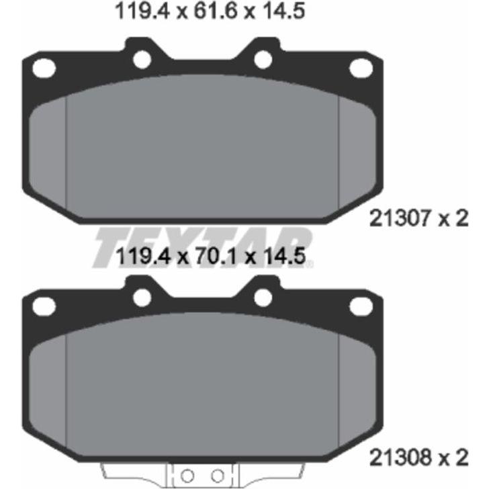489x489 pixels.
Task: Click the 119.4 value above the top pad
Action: point(143,11)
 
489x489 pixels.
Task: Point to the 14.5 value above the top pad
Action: point(283,11)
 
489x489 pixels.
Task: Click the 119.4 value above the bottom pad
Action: point(144,257)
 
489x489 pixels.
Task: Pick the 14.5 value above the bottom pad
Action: point(284,257)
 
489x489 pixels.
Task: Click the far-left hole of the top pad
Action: point(44,68)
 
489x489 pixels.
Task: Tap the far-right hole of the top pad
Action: point(361,68)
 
